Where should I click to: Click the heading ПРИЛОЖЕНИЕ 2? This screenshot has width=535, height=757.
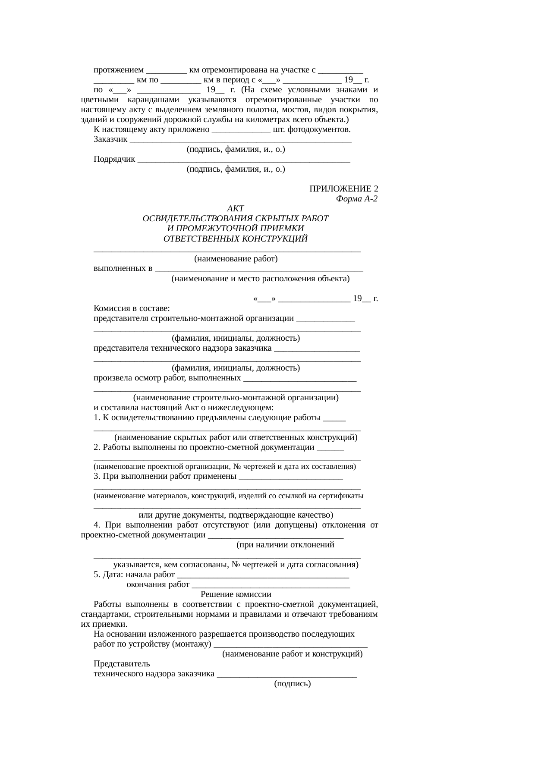coord(343,189)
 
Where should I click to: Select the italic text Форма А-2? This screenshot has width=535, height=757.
coord(356,199)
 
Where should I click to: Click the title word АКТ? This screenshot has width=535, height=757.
coord(235,209)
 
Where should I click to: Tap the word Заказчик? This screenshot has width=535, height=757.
coord(110,139)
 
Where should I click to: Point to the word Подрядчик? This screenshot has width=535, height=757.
coord(114,159)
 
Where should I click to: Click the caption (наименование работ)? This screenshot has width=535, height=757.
coord(236,259)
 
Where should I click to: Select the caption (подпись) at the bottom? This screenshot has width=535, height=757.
coord(292,684)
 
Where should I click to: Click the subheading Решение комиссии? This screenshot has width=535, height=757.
coord(236,594)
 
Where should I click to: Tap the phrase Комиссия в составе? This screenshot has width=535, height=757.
coord(131,309)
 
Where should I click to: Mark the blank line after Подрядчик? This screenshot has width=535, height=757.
coord(244,160)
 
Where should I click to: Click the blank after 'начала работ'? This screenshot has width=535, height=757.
coord(263,575)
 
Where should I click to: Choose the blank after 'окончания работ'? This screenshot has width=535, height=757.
coord(271,585)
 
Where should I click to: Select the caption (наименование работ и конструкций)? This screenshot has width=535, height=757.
coord(292,654)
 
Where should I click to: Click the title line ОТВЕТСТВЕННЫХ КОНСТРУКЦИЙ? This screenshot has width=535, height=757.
coord(236,239)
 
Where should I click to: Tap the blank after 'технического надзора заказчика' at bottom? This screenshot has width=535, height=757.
coord(287,675)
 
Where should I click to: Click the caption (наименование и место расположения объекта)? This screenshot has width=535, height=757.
coord(260,279)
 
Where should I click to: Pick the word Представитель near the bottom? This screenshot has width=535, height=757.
coord(122,664)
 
